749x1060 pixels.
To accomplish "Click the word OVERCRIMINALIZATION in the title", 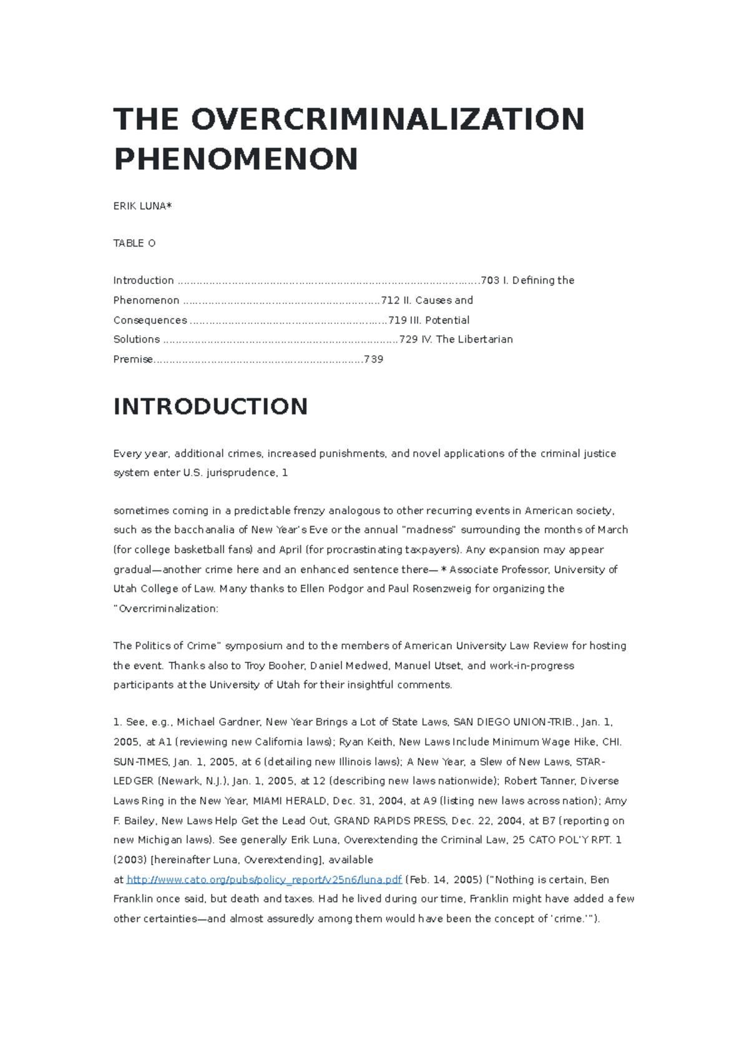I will pyautogui.click(x=388, y=119).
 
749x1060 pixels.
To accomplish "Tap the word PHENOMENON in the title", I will pyautogui.click(x=236, y=159).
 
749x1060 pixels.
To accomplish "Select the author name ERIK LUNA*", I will pyautogui.click(x=142, y=206).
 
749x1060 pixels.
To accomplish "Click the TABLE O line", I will pyautogui.click(x=134, y=243).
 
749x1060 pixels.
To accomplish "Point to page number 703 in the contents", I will pyautogui.click(x=491, y=280).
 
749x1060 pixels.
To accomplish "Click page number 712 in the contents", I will pyautogui.click(x=391, y=300).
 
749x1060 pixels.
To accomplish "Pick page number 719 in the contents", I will pyautogui.click(x=398, y=320).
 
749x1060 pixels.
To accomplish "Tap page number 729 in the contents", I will pyautogui.click(x=408, y=340).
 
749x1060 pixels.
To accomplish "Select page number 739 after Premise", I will pyautogui.click(x=373, y=360).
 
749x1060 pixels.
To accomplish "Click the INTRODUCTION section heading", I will pyautogui.click(x=210, y=406).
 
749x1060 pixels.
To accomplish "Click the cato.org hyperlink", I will pyautogui.click(x=264, y=880).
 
